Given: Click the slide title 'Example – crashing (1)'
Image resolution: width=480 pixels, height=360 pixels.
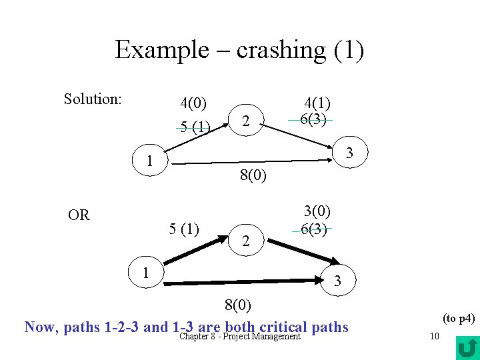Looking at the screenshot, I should coord(239,50).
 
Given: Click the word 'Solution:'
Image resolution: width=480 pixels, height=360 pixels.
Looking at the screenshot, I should coord(93,99).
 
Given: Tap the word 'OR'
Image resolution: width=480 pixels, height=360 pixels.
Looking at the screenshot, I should coord(79,215).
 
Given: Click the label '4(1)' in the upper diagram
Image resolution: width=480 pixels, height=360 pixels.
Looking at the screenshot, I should coord(318,103).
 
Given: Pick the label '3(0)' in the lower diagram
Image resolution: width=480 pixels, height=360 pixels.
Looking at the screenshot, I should coord(317,211).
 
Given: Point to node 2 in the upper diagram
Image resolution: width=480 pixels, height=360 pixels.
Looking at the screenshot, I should coord(246,121).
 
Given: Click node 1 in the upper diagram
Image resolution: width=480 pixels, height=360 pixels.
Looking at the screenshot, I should coord(151,161).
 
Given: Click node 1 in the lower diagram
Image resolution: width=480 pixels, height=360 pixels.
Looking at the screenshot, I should coord(145,273).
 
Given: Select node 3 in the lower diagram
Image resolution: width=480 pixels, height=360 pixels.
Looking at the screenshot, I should coord(337,281).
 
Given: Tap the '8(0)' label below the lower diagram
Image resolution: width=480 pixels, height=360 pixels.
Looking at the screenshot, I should coord(237,306).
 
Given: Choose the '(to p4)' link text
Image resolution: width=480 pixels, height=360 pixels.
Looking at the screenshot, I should coord(459,319).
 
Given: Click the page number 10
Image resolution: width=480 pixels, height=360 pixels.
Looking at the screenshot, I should coord(434,336).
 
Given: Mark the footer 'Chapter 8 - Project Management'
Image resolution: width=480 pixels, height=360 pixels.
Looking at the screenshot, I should coord(241,336).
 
